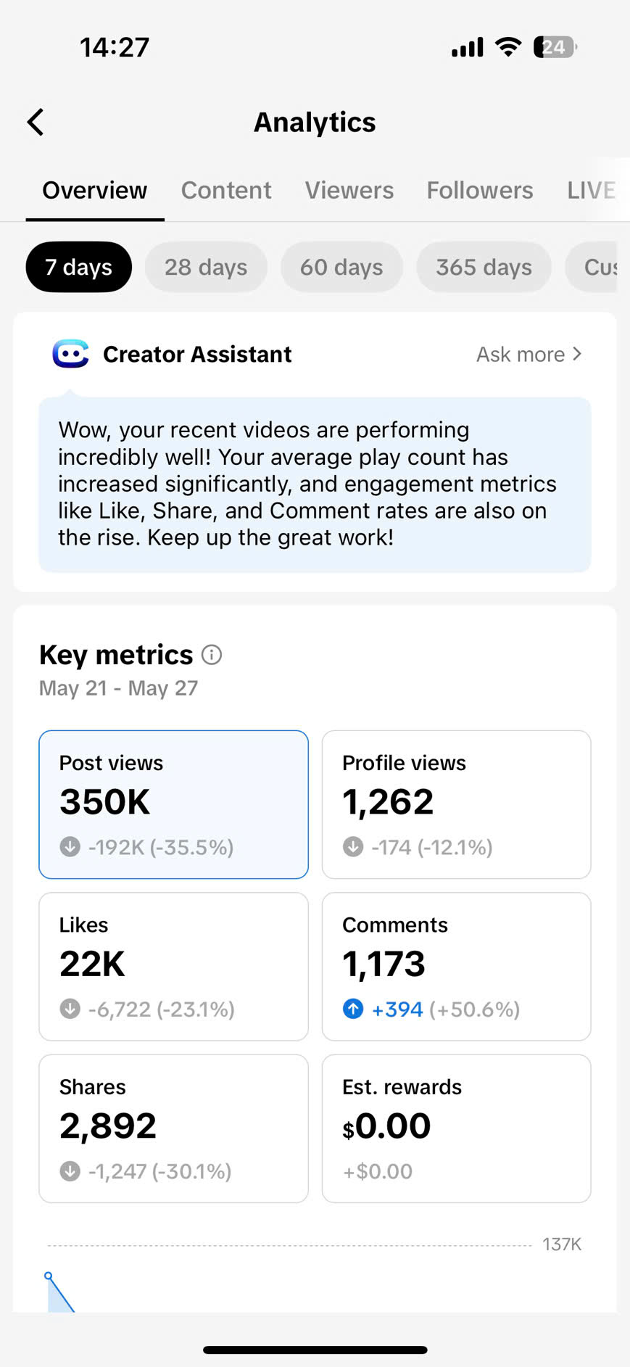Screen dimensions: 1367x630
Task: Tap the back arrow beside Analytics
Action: click(36, 122)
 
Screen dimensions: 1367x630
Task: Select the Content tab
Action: click(226, 190)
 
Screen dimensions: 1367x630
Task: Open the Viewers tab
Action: click(349, 190)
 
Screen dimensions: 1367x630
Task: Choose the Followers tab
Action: click(479, 190)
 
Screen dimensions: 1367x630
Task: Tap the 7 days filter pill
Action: click(78, 267)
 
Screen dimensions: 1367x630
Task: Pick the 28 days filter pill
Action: click(206, 267)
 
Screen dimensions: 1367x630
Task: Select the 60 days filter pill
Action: click(341, 267)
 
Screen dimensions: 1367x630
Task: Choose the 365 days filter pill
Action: click(484, 267)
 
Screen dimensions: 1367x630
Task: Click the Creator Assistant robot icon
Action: click(70, 354)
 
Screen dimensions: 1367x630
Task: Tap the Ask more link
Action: click(529, 354)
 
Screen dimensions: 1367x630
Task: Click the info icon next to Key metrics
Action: click(212, 655)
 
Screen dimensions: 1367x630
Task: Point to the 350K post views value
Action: click(105, 802)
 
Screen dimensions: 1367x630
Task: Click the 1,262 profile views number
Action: click(388, 802)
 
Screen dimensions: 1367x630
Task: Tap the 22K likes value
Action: click(92, 964)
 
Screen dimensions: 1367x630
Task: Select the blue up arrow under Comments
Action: click(353, 1009)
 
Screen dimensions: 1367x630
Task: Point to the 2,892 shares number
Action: click(108, 1126)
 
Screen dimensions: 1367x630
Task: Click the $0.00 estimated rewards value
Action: click(386, 1126)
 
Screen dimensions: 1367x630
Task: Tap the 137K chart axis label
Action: click(562, 1244)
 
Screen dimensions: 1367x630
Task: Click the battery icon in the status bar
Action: click(555, 47)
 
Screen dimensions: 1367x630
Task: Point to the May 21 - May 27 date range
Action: click(118, 687)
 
